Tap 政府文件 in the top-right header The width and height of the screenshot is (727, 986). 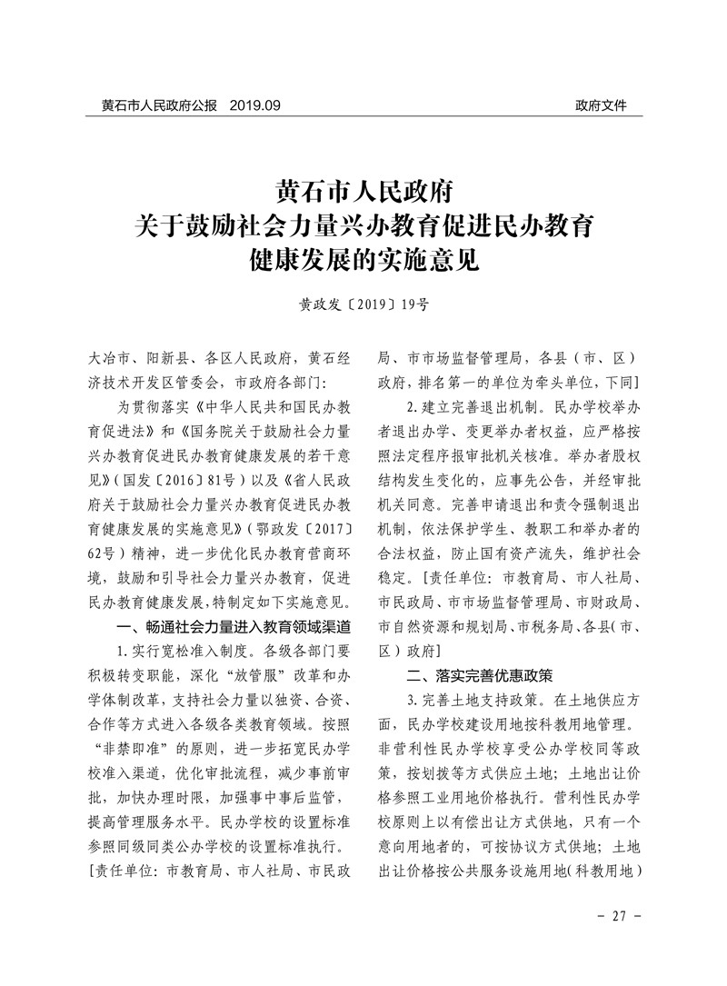[601, 105]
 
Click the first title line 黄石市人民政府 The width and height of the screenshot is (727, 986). [363, 194]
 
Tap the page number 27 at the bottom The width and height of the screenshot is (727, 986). [622, 915]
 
